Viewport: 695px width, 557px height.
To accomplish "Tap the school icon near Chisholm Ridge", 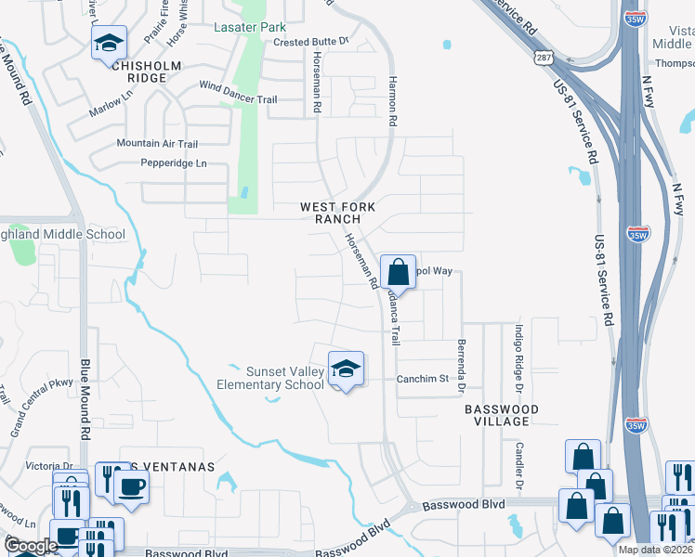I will point(109,43).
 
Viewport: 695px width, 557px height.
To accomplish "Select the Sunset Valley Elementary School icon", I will point(346,369).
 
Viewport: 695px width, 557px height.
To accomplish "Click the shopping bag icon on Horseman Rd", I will point(398,273).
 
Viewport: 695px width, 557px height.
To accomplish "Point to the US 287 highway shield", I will point(544,58).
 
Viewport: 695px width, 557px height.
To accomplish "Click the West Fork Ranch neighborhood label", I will point(330,213).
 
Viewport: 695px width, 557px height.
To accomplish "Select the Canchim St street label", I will point(423,379).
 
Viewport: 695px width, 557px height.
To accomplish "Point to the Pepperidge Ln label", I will point(172,163).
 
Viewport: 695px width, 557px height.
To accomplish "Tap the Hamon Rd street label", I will point(393,101).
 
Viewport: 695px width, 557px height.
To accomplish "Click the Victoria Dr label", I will point(48,466).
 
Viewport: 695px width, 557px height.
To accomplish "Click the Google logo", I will point(30,546).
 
